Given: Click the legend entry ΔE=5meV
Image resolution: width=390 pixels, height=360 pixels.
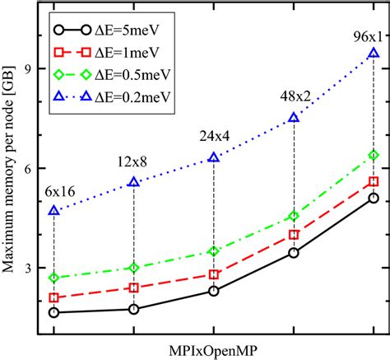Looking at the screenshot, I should click(x=119, y=31).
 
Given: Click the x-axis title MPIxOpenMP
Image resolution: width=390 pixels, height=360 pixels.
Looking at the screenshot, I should click(x=213, y=349).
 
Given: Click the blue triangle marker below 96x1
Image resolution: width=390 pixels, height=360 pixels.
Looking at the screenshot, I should click(x=374, y=54).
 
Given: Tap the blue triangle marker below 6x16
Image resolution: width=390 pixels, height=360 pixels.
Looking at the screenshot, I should click(x=53, y=211).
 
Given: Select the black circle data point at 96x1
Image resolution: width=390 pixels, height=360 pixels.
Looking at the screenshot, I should click(x=374, y=198).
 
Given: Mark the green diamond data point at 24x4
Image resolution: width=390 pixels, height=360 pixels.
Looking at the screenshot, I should click(x=214, y=251).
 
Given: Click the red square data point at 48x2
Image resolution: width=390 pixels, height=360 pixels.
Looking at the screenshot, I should click(x=294, y=235).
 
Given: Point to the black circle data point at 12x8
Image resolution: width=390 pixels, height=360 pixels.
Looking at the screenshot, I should click(x=134, y=309).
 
